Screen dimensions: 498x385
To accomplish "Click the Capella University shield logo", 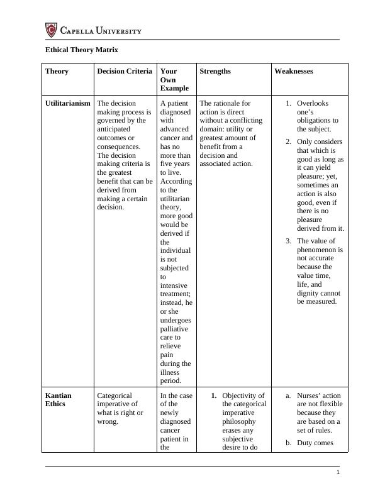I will click(52, 30).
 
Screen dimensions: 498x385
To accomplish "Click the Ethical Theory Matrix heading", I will click(82, 49).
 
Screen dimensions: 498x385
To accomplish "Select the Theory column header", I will click(57, 71).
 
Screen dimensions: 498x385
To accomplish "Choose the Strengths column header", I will click(215, 71).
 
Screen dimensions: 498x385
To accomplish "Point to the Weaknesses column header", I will click(294, 71).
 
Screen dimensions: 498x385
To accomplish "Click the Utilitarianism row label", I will click(68, 103).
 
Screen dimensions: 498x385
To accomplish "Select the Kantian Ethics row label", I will click(59, 400).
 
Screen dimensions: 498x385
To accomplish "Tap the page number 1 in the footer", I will click(338, 473).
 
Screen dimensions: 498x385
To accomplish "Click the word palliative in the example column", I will click(174, 328).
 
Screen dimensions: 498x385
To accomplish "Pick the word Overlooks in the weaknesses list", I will click(313, 103).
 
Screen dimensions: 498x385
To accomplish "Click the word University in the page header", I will click(117, 30).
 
